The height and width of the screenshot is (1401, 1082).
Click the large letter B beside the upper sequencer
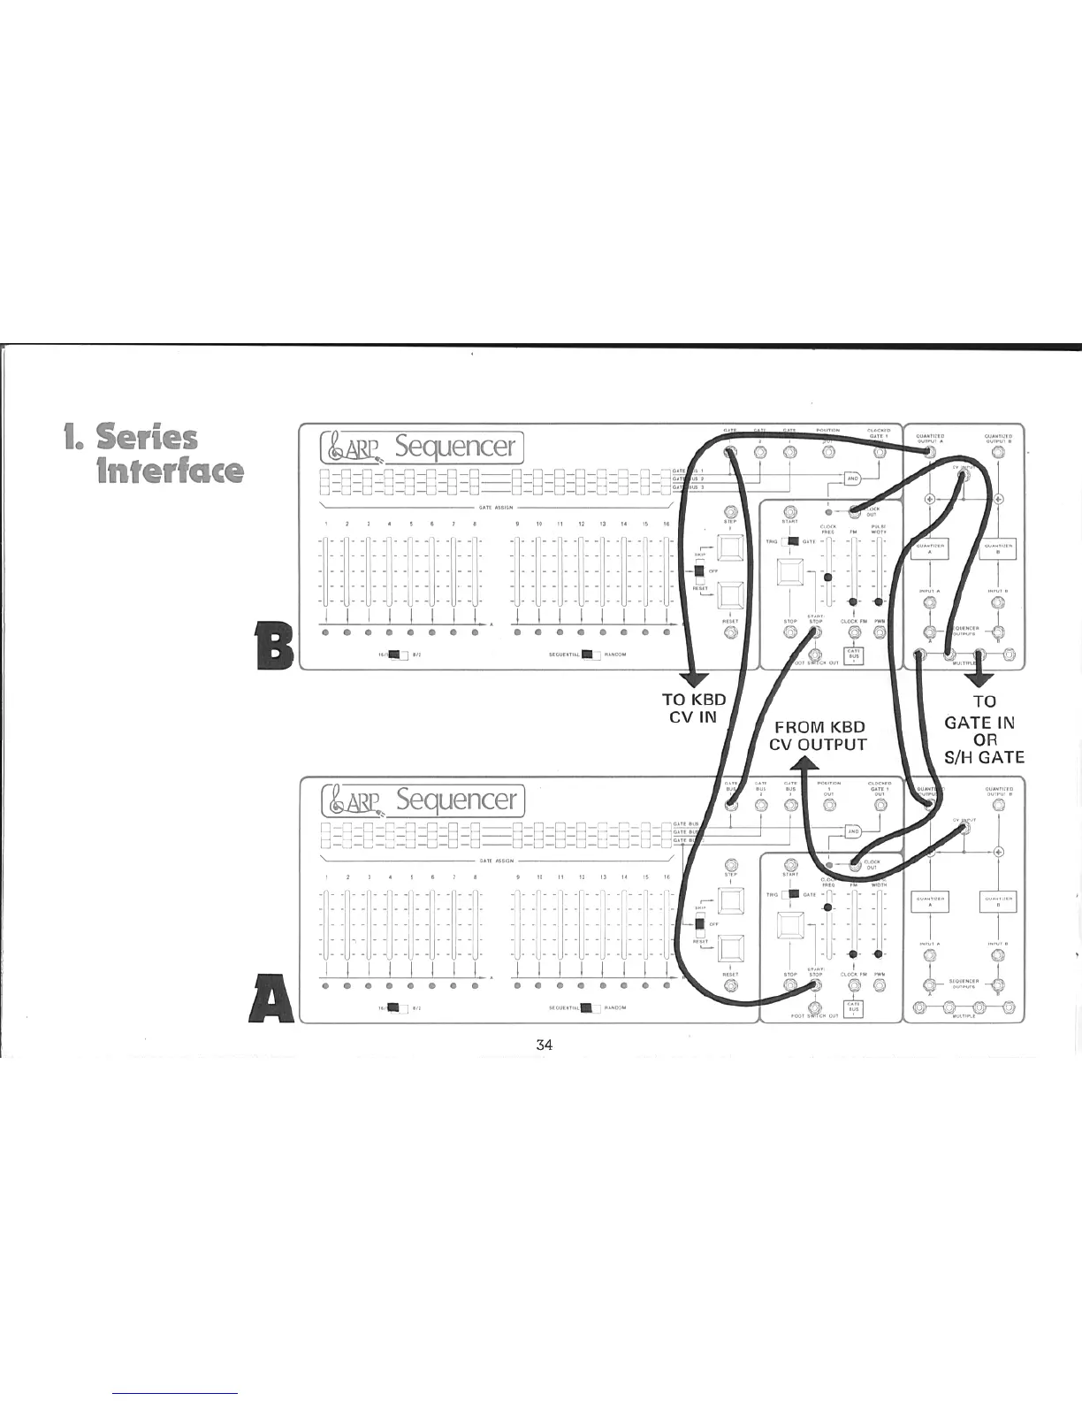[273, 647]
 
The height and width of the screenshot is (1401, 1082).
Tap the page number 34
[544, 1045]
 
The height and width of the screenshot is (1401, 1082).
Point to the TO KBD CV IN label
[694, 708]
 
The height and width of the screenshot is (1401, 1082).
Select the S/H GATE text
[984, 757]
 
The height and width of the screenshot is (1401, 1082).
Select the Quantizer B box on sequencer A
[998, 902]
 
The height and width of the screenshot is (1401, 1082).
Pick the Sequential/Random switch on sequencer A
[584, 1007]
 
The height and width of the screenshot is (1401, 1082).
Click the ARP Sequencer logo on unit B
[423, 447]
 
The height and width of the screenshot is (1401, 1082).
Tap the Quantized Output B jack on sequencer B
[998, 453]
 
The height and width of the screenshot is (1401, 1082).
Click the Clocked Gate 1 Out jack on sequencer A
[879, 805]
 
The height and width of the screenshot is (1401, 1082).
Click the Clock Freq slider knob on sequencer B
[828, 578]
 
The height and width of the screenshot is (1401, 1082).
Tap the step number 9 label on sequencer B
[517, 524]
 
